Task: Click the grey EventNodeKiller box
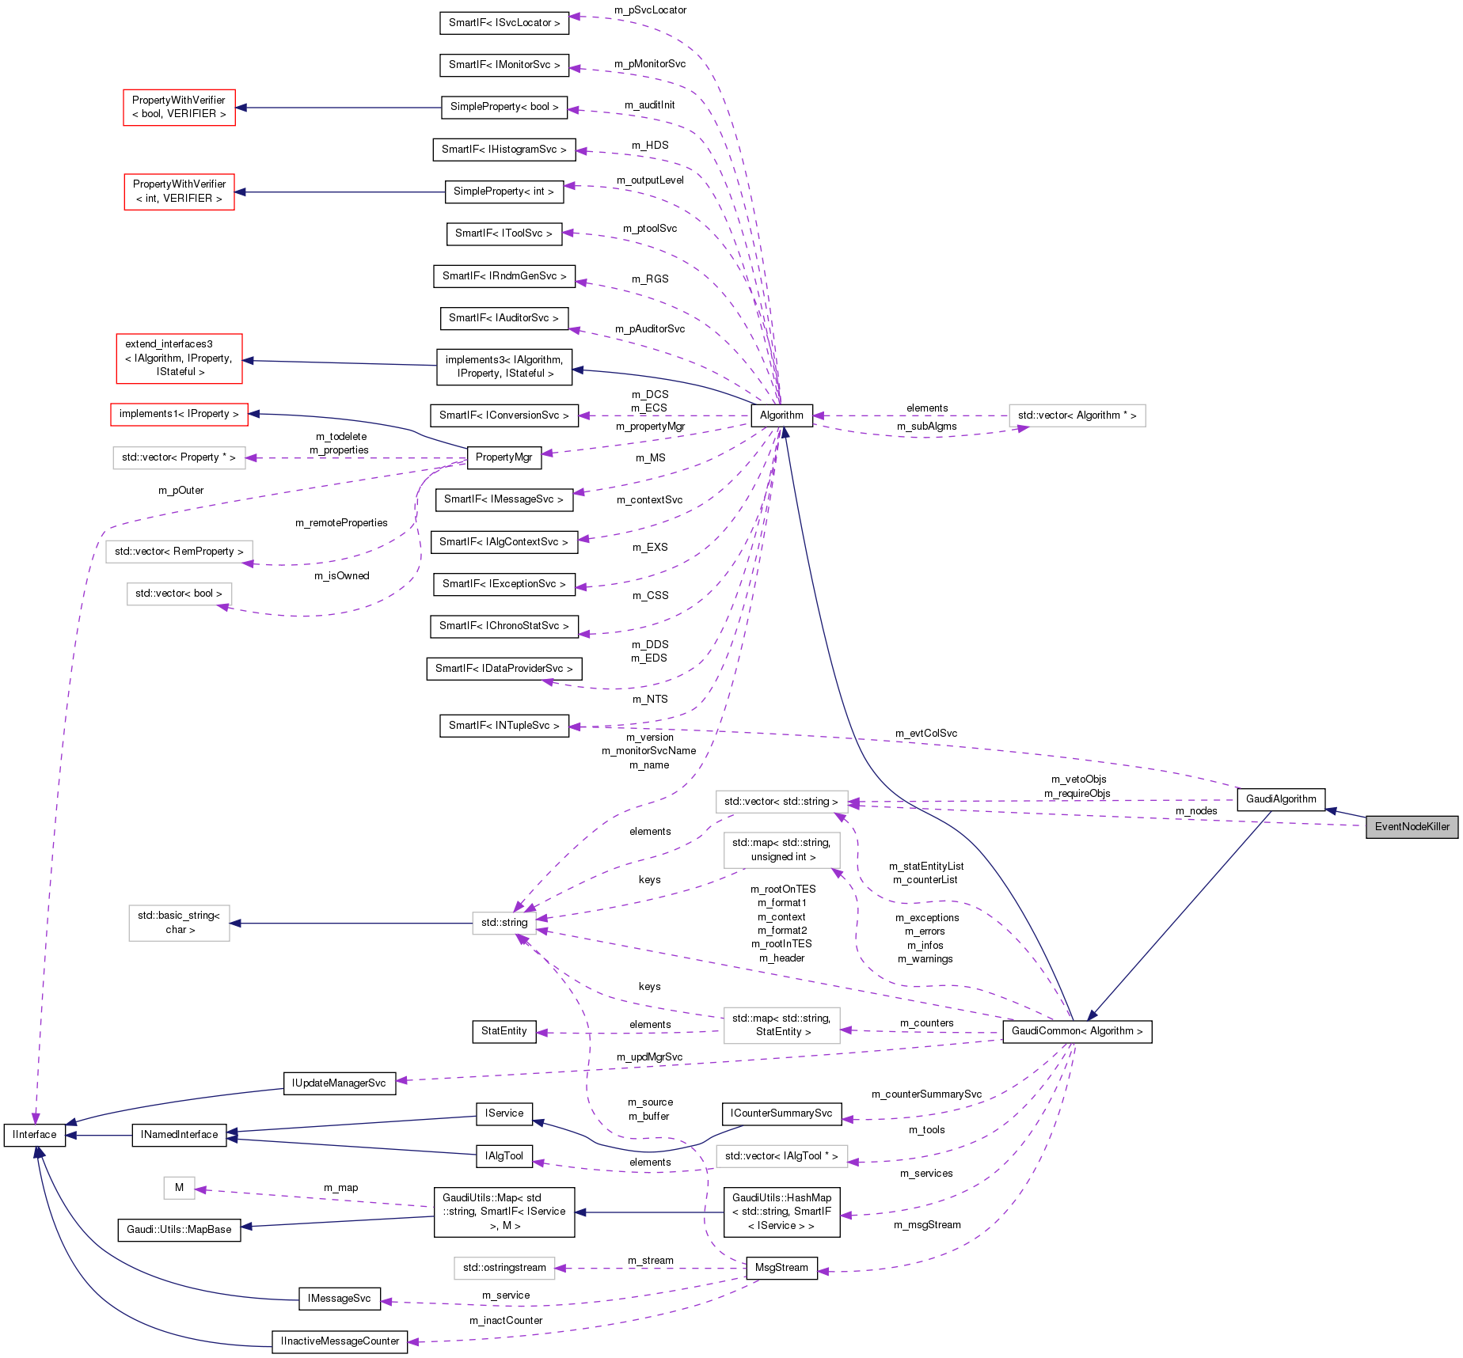tap(1412, 826)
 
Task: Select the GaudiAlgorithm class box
tap(1280, 798)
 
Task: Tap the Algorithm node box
tap(781, 415)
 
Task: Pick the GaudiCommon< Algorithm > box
tap(1077, 1031)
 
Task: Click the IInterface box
tap(35, 1135)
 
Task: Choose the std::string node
tap(503, 923)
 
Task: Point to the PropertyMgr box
tap(503, 457)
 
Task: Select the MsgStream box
tap(781, 1268)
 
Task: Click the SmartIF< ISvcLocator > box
tap(503, 23)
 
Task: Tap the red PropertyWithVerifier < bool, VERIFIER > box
tap(179, 107)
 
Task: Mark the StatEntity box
tap(503, 1031)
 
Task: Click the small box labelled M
tap(179, 1188)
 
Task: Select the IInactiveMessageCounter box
tap(340, 1341)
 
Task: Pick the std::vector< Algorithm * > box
tap(1077, 415)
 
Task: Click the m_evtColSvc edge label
tap(925, 734)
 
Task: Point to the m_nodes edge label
tap(1195, 811)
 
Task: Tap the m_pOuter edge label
tap(180, 491)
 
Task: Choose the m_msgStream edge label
tap(927, 1225)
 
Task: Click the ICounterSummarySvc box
tap(781, 1113)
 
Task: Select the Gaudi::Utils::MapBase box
tap(179, 1230)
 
